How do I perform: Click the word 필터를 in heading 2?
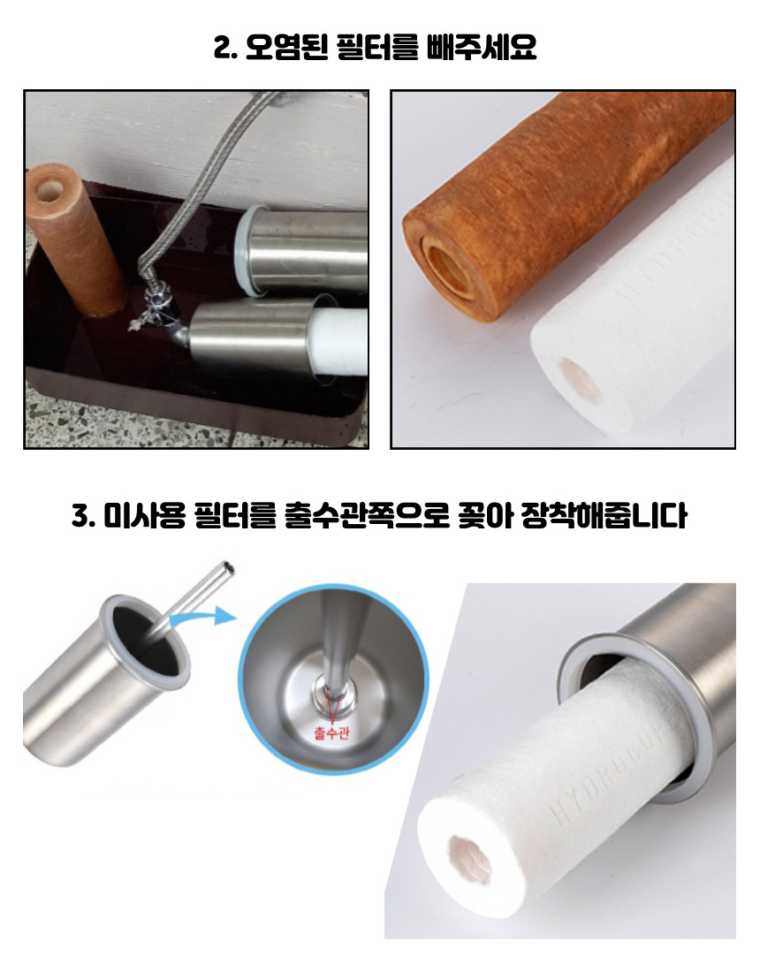click(376, 47)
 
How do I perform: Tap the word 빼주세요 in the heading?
click(483, 47)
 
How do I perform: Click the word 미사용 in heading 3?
click(144, 515)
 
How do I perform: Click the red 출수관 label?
click(331, 733)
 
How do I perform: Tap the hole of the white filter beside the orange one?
click(581, 380)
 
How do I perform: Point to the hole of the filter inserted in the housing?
click(469, 859)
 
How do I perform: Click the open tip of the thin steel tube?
click(229, 566)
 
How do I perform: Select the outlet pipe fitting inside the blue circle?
click(335, 690)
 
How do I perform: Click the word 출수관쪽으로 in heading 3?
click(366, 515)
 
